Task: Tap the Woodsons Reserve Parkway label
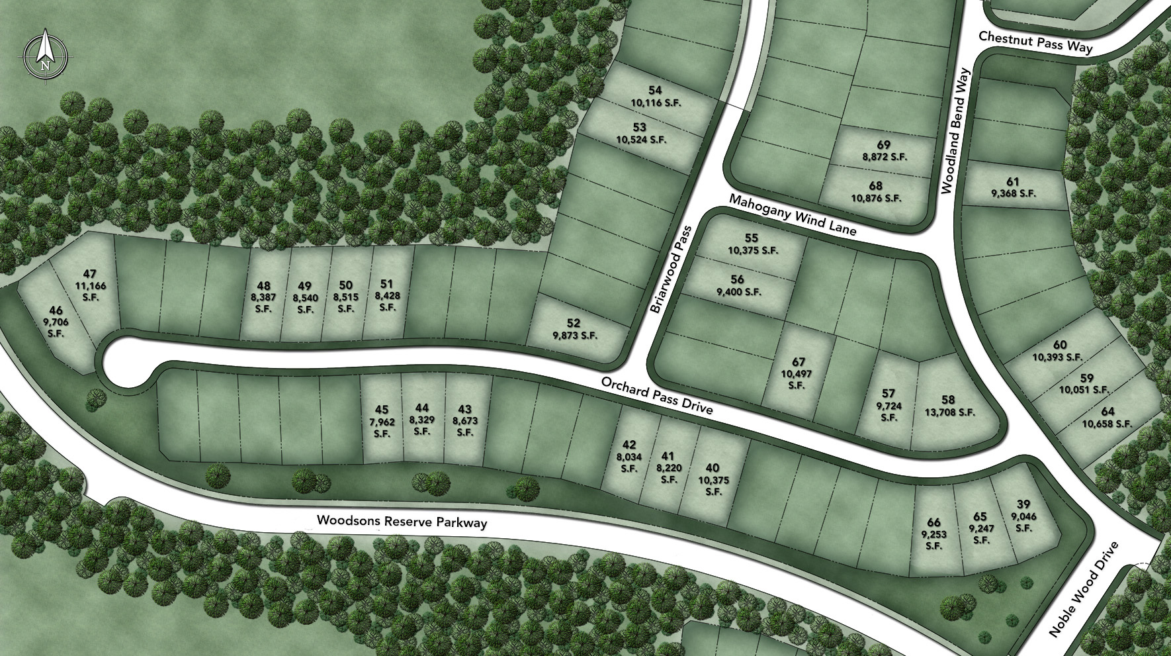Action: [402, 522]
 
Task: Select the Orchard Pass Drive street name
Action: [656, 396]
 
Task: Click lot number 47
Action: [90, 273]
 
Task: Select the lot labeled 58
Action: [948, 400]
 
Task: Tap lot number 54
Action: [655, 90]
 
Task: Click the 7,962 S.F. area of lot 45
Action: [382, 428]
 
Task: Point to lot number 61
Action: [1013, 182]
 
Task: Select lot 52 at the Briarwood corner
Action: [574, 323]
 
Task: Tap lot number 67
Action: [798, 362]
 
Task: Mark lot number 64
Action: [1107, 412]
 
